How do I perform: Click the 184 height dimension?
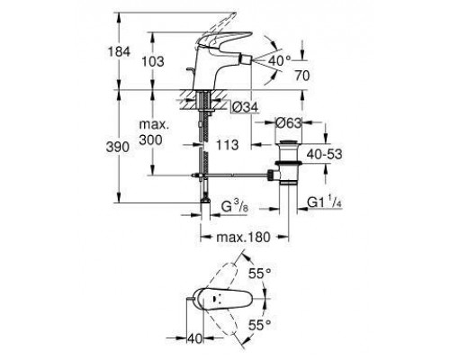point(119,51)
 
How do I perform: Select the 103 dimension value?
point(153,61)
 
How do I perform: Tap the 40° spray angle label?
point(279,61)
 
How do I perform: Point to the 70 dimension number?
point(301,76)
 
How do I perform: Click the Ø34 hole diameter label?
point(245,107)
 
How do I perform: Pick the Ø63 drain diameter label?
point(288,122)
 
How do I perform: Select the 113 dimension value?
point(227,145)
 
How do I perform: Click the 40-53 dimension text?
point(324,154)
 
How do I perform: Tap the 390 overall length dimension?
point(118,147)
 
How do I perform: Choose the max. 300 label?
point(154,132)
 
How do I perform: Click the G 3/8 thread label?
point(235,207)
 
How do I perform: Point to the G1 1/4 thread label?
point(325,202)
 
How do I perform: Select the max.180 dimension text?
point(243,238)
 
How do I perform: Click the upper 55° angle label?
point(260,274)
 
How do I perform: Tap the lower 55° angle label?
point(260,325)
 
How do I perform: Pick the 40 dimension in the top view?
point(194,339)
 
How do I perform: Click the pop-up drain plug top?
point(288,142)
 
